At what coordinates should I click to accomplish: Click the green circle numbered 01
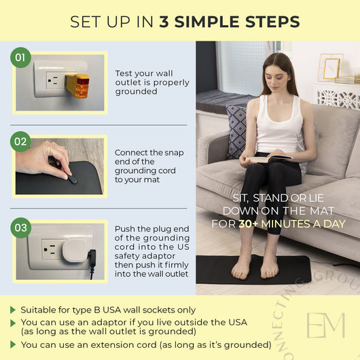pyautogui.click(x=20, y=58)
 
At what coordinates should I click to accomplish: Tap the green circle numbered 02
pyautogui.click(x=20, y=141)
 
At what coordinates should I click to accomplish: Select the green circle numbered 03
pyautogui.click(x=21, y=228)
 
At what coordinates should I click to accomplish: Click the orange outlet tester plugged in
pyautogui.click(x=77, y=86)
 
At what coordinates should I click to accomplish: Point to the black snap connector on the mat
pyautogui.click(x=73, y=179)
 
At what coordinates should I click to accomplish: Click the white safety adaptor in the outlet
pyautogui.click(x=75, y=251)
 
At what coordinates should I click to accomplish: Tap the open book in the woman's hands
pyautogui.click(x=268, y=158)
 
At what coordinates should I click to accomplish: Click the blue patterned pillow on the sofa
pyautogui.click(x=236, y=132)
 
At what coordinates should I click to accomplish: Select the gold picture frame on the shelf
pyautogui.click(x=331, y=68)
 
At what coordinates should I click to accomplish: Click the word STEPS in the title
pyautogui.click(x=272, y=22)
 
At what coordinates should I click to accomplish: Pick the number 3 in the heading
pyautogui.click(x=164, y=22)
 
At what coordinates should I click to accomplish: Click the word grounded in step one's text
pyautogui.click(x=136, y=92)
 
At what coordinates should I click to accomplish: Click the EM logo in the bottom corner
pyautogui.click(x=326, y=325)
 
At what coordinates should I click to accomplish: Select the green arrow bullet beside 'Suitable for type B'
pyautogui.click(x=13, y=310)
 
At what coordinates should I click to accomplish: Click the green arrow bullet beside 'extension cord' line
pyautogui.click(x=13, y=344)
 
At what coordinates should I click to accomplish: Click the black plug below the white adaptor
pyautogui.click(x=92, y=259)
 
